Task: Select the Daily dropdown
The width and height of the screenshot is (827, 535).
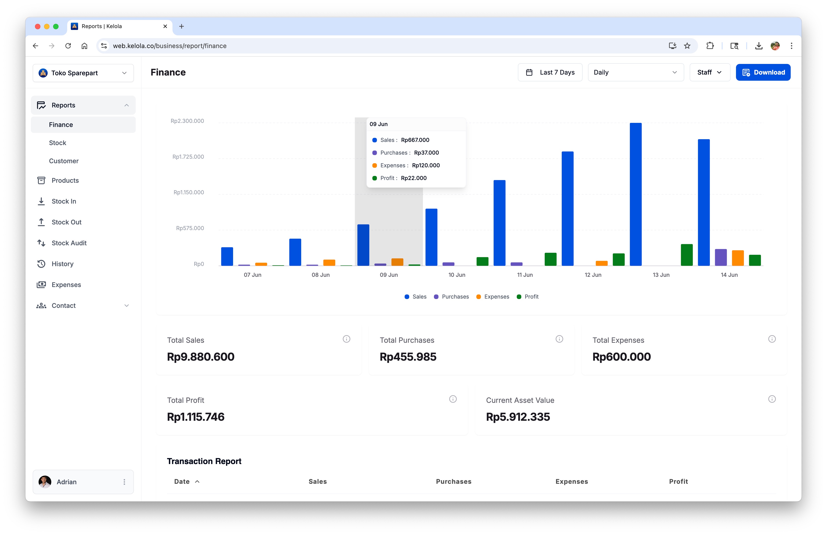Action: coord(635,72)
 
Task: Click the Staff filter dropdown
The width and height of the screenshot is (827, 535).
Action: coord(709,72)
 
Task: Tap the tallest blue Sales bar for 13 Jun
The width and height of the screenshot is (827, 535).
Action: coord(635,195)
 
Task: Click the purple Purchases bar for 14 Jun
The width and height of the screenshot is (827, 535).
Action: coord(721,257)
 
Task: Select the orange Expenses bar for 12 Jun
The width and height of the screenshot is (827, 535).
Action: coord(601,263)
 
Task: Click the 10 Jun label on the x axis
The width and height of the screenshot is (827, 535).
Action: coord(457,275)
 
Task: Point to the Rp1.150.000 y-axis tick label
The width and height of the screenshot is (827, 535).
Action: coord(189,192)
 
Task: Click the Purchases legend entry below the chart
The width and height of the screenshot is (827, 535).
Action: coord(451,297)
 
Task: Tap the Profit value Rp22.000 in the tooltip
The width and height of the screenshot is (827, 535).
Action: coord(413,178)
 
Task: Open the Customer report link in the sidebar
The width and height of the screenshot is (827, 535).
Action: coord(64,161)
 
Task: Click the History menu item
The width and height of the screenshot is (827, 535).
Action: coord(63,264)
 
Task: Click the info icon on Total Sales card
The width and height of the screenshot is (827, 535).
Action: coord(346,339)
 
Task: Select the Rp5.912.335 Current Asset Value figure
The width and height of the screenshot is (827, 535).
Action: coord(518,417)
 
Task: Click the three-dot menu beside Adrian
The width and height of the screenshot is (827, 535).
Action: coord(124,482)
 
